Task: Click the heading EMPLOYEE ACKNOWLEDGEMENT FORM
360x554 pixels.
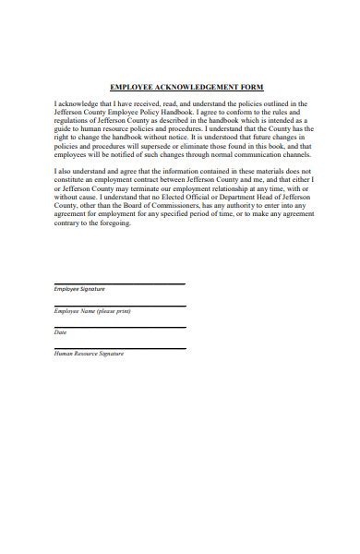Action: [186, 87]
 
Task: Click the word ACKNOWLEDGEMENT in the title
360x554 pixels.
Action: [196, 87]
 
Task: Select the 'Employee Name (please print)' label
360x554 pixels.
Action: [86, 310]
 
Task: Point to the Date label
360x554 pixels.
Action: [60, 331]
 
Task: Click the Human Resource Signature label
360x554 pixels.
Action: [89, 353]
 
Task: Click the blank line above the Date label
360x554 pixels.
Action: [120, 326]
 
